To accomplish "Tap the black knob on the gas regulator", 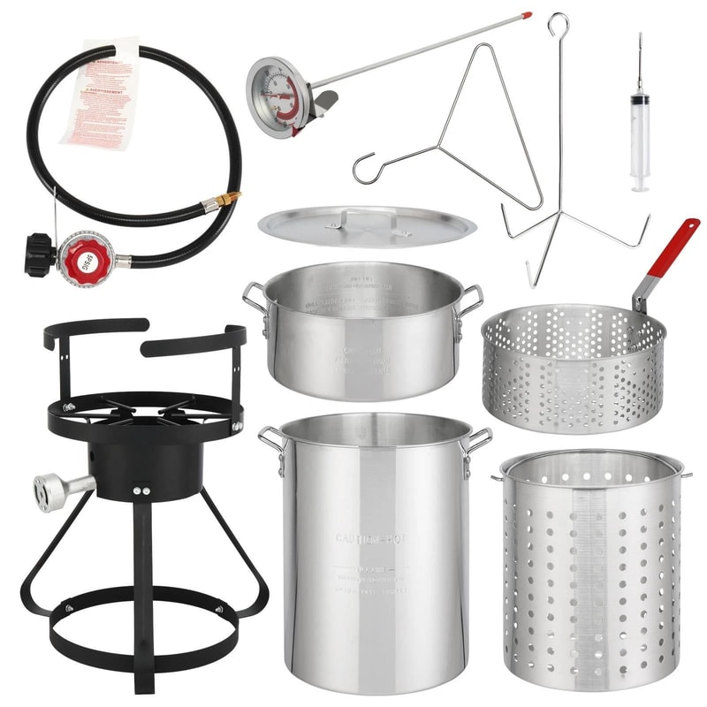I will [40, 255].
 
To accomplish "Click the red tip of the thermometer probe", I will [527, 16].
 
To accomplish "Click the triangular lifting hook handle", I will [460, 124].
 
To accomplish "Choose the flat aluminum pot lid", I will [367, 225].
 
